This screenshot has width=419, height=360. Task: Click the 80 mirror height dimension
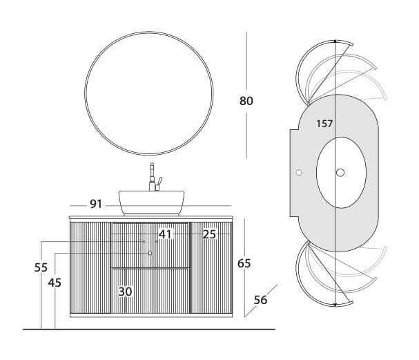pyautogui.click(x=246, y=101)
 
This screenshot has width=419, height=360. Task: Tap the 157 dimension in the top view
pyautogui.click(x=324, y=124)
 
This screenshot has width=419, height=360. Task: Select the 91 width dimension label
pyautogui.click(x=96, y=204)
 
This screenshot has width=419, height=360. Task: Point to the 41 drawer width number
pyautogui.click(x=165, y=234)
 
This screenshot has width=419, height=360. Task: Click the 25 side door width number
pyautogui.click(x=209, y=234)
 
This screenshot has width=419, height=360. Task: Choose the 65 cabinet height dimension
pyautogui.click(x=244, y=263)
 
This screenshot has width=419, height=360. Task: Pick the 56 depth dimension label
pyautogui.click(x=260, y=300)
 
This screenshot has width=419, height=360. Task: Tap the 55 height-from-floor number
pyautogui.click(x=41, y=267)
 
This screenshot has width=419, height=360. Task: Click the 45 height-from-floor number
pyautogui.click(x=55, y=283)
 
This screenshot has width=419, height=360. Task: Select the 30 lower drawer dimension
pyautogui.click(x=126, y=292)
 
